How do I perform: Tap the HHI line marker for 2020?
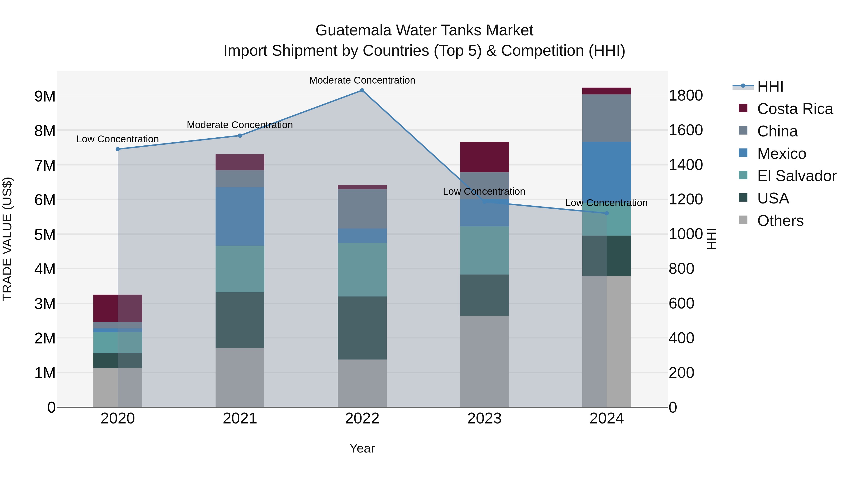[x=118, y=149]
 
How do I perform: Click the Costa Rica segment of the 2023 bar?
[x=484, y=157]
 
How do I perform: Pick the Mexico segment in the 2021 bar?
[x=240, y=216]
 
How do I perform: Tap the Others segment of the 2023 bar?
[x=484, y=362]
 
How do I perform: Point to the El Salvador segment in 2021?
[x=240, y=269]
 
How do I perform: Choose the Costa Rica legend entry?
[x=795, y=109]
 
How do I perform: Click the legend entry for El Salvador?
[x=796, y=176]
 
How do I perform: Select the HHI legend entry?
[x=770, y=86]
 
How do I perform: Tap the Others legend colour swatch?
[x=743, y=220]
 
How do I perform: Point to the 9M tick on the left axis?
[x=45, y=96]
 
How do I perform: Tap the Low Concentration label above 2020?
[x=118, y=139]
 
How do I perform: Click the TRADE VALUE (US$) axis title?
[x=7, y=239]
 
